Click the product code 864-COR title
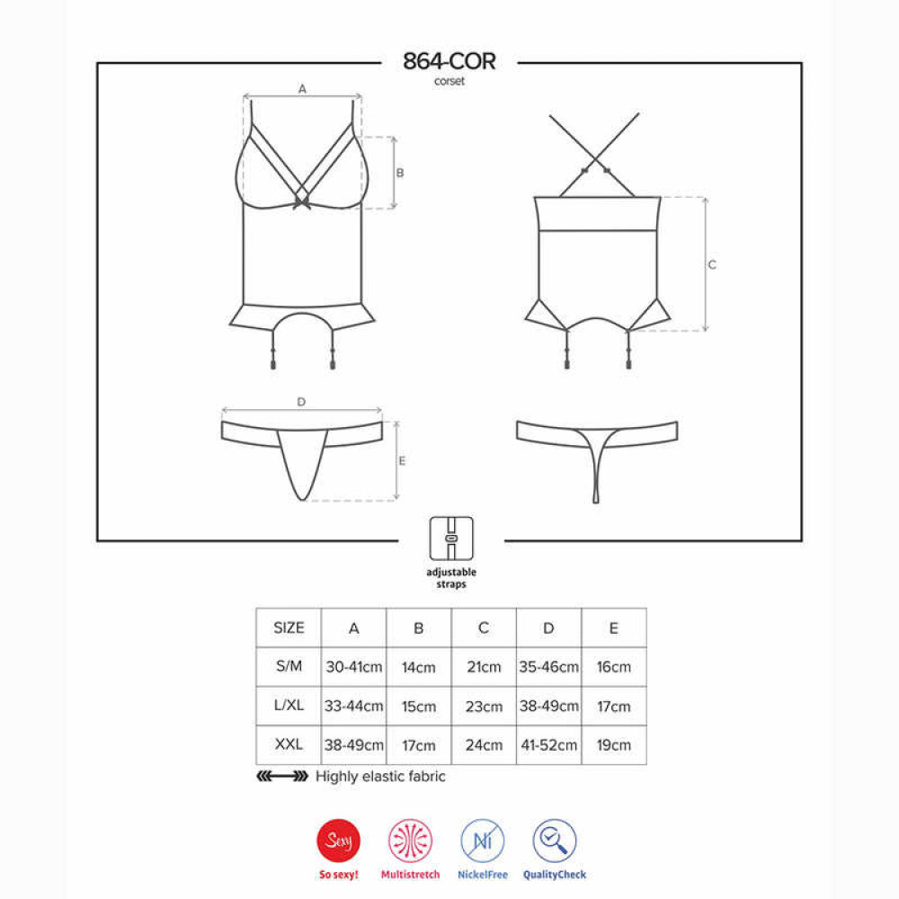pos(449,61)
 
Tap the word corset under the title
pos(449,82)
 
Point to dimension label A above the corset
pos(302,89)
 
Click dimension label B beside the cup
pos(400,173)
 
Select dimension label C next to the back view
pos(712,265)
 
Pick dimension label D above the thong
pos(301,402)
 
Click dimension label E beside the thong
pos(402,461)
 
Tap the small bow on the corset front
pos(301,200)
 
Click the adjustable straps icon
pos(451,539)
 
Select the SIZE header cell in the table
pos(289,628)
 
